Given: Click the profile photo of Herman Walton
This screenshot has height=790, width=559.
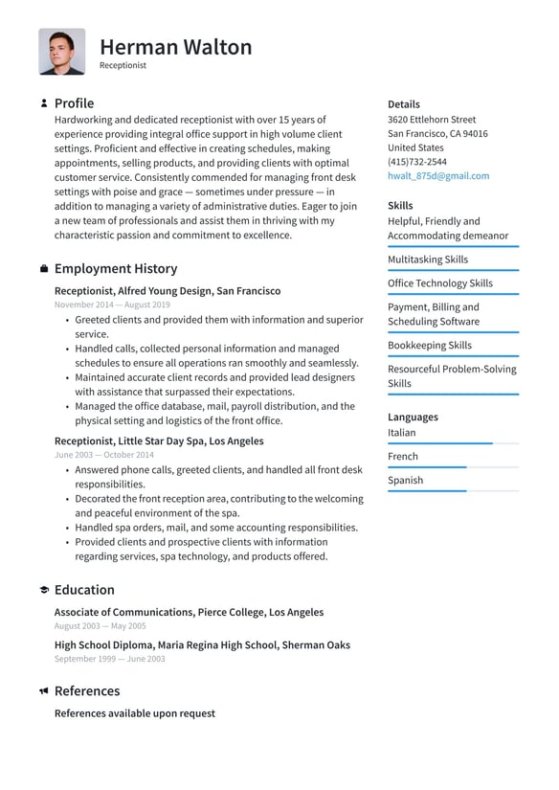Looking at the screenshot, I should [x=61, y=52].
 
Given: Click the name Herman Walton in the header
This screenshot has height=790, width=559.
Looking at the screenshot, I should [x=175, y=47].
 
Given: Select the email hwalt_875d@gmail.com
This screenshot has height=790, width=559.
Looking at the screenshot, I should [x=437, y=176].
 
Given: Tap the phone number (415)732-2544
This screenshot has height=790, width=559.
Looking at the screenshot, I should [x=416, y=162].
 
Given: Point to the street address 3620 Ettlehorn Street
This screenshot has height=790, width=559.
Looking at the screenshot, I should [x=431, y=120].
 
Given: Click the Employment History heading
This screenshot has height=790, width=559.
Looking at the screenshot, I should [x=115, y=269].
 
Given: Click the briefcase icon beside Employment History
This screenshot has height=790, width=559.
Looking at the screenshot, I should [x=44, y=269].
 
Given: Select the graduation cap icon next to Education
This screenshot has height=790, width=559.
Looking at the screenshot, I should [x=44, y=591].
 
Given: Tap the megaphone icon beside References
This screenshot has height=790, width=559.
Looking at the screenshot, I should [x=44, y=691].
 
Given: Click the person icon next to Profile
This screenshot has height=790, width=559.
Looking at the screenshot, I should [x=44, y=103].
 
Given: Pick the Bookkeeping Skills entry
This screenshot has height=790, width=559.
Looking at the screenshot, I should [x=429, y=346].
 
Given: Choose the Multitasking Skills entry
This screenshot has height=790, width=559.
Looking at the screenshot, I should [x=427, y=260].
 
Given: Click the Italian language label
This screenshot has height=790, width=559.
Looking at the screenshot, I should [x=401, y=433].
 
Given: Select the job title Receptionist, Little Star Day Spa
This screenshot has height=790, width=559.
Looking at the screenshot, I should [x=158, y=441].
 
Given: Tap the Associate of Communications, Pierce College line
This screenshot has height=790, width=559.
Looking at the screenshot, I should [x=189, y=612].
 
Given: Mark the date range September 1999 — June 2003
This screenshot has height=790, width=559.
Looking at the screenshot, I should [x=109, y=659].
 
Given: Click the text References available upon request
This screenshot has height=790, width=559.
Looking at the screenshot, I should [x=134, y=713].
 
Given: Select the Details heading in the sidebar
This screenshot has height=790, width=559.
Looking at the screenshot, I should [x=403, y=104].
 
